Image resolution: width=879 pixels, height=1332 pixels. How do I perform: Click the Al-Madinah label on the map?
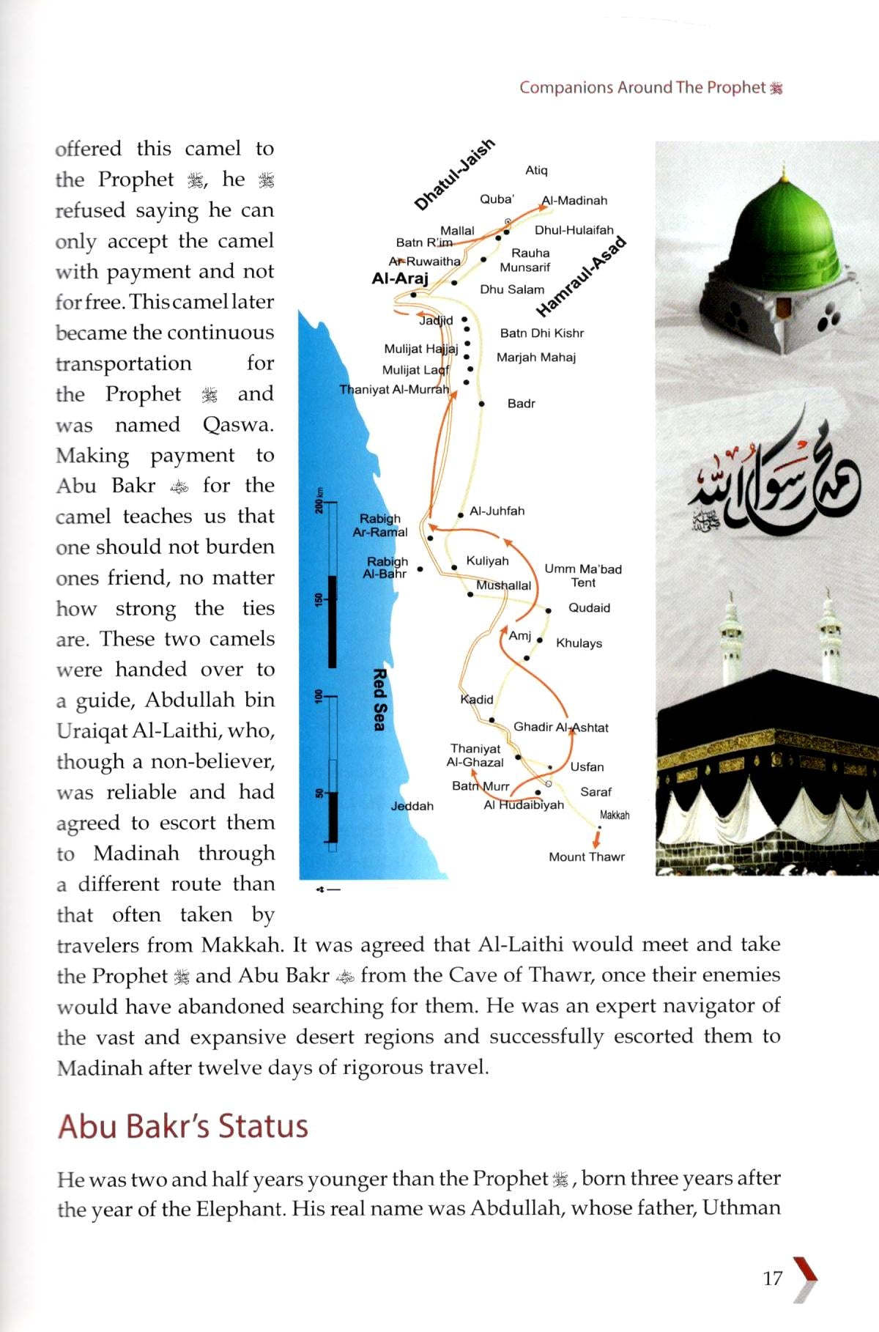(x=574, y=200)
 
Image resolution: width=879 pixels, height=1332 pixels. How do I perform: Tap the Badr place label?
(x=521, y=404)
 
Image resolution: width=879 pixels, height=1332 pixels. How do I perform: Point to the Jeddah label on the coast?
(x=412, y=806)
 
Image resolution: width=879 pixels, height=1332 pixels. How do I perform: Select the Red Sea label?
(x=379, y=699)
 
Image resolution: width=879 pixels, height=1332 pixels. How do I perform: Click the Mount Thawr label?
(x=586, y=856)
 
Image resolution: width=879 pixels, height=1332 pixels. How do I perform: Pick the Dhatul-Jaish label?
(x=454, y=174)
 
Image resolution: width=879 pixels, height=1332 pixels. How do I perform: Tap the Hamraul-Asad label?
(x=582, y=276)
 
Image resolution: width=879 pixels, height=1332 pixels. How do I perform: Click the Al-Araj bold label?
(x=400, y=278)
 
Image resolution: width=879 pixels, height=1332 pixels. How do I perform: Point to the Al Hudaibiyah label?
(x=523, y=804)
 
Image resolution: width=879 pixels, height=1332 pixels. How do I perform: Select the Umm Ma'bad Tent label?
(x=583, y=576)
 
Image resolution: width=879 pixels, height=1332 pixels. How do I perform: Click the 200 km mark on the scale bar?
(x=319, y=500)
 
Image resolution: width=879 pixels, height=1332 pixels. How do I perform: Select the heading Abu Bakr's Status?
(x=183, y=1126)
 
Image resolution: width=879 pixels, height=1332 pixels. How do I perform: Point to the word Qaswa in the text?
(x=237, y=425)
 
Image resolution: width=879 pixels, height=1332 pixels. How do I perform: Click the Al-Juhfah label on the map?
(x=497, y=511)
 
